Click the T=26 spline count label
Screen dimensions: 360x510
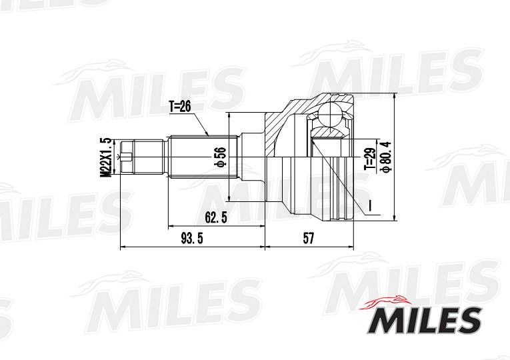(x=180, y=106)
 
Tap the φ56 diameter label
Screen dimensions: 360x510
(x=218, y=157)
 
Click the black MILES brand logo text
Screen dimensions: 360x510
(x=422, y=321)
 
